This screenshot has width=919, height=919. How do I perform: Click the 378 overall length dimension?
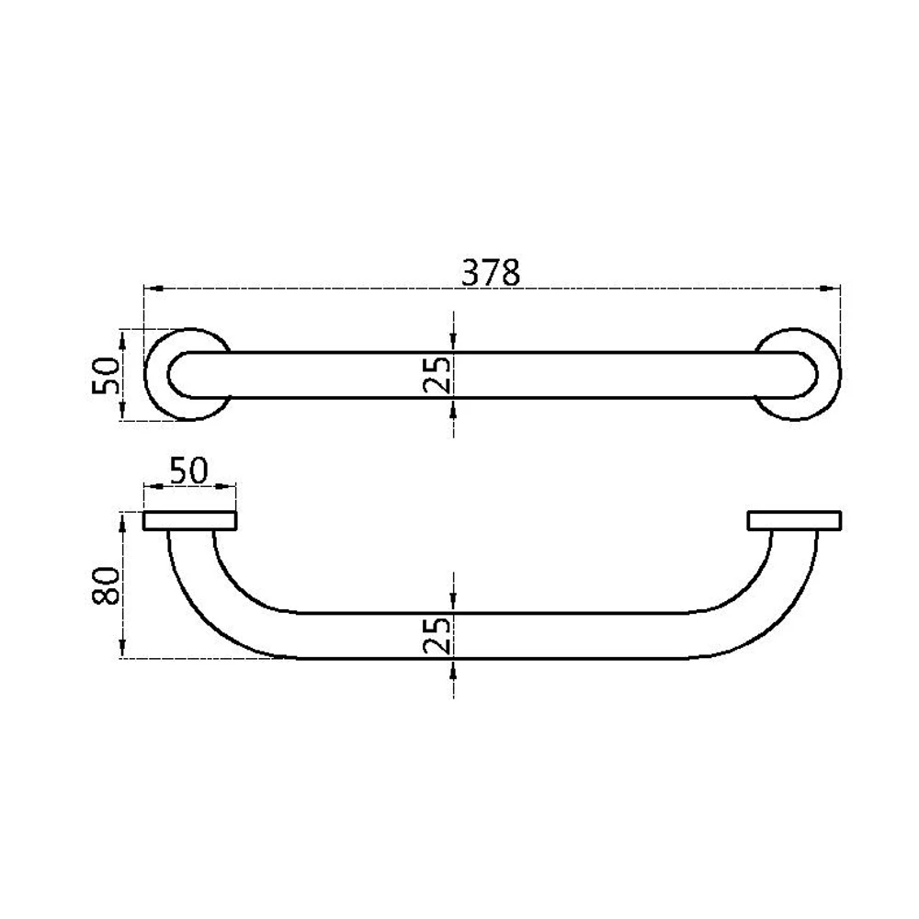[x=491, y=272]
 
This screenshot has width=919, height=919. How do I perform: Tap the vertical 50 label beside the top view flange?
[x=107, y=375]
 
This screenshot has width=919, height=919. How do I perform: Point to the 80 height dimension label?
[x=107, y=585]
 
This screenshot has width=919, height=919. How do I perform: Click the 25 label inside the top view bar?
[x=439, y=375]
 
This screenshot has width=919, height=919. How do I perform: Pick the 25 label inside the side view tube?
[x=439, y=635]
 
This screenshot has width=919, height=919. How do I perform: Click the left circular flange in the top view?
[x=161, y=375]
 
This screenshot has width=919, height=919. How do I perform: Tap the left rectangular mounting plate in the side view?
[x=190, y=521]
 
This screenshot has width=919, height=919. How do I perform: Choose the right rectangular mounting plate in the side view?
[x=794, y=521]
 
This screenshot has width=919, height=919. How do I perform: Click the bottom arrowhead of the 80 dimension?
[x=122, y=652]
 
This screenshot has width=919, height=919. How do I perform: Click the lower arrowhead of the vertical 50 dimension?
[x=122, y=414]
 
